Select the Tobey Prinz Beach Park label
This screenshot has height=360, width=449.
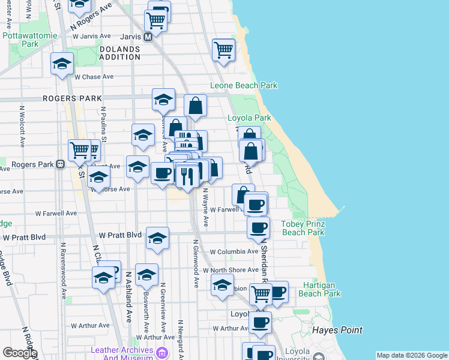[303, 228]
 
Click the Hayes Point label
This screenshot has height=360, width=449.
[337, 330]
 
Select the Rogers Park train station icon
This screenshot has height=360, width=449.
[60, 164]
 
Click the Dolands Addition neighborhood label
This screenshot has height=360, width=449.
[119, 53]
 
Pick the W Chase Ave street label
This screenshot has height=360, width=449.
[94, 77]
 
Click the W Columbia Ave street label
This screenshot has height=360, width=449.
[234, 252]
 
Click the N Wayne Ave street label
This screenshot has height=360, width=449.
[205, 208]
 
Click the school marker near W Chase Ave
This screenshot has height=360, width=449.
[62, 65]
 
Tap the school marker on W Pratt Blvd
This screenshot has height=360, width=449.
[157, 238]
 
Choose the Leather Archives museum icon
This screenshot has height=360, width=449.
[161, 354]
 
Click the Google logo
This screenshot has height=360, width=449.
[20, 353]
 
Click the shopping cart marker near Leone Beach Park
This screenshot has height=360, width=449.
[224, 50]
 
